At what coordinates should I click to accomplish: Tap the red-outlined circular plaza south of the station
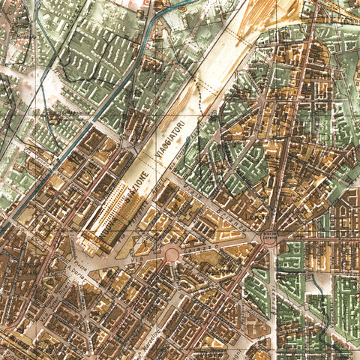[172, 256]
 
